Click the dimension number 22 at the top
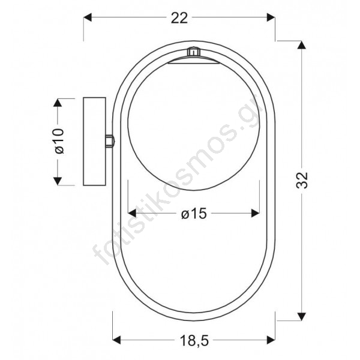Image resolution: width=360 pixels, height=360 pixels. (x=179, y=18)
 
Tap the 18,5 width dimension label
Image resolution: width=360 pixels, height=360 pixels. (x=194, y=340)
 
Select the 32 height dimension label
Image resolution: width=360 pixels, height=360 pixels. (x=302, y=180)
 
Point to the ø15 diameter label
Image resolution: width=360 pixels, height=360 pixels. (x=194, y=214)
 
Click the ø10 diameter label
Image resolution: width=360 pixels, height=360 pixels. (x=59, y=141)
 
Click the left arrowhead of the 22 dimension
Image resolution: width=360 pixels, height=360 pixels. (x=88, y=17)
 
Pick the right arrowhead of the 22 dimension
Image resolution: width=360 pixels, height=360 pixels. (x=271, y=17)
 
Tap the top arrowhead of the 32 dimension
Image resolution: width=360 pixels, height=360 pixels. (x=301, y=45)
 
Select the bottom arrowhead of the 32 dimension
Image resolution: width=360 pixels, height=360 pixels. (x=301, y=316)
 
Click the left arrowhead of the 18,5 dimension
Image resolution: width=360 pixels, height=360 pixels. (x=116, y=340)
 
